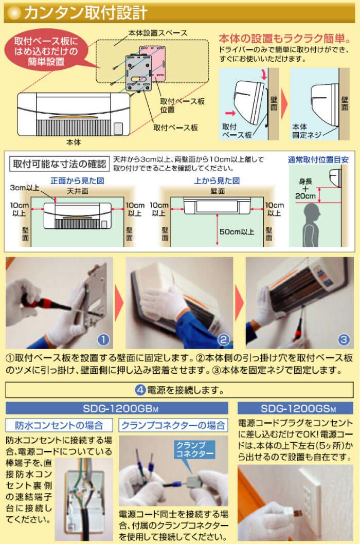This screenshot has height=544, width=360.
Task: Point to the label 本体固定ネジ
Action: (308, 131)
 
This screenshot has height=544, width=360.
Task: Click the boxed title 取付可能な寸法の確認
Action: (59, 164)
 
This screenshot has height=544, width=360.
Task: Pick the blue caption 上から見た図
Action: (217, 181)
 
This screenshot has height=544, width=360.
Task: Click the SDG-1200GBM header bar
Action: (117, 409)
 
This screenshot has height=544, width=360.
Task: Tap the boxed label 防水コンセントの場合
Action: (59, 425)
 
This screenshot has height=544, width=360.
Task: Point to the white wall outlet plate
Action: (310, 494)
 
